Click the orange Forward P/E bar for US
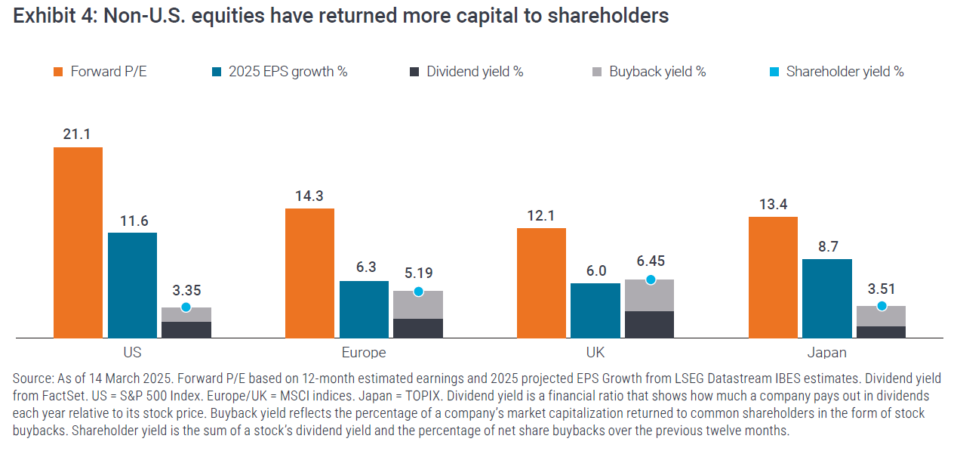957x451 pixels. click(x=78, y=242)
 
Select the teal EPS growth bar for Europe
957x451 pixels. click(x=364, y=309)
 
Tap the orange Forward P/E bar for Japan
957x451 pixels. click(x=772, y=276)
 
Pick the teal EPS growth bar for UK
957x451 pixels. click(x=595, y=310)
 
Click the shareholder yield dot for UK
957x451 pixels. click(x=650, y=280)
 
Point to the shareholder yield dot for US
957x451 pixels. click(x=186, y=307)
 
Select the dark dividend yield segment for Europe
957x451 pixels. click(x=418, y=328)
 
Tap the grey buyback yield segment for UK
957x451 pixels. click(x=650, y=296)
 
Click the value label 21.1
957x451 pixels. click(x=78, y=134)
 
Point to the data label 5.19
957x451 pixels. click(x=418, y=273)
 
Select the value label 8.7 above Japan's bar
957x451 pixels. click(x=827, y=246)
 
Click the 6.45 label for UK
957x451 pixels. click(x=650, y=261)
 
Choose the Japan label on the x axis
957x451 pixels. click(x=827, y=353)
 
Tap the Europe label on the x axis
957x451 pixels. click(x=364, y=353)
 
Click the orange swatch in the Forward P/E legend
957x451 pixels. click(x=57, y=72)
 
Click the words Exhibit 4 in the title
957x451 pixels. click(x=52, y=16)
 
